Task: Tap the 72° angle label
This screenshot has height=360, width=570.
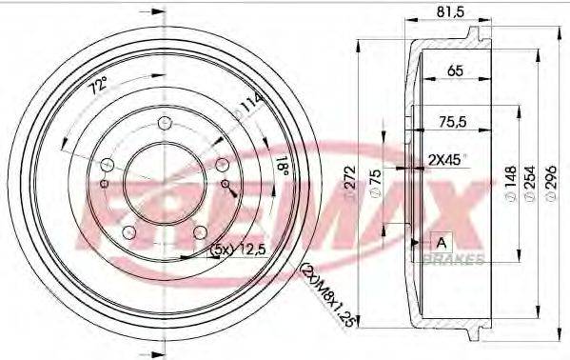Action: point(96,88)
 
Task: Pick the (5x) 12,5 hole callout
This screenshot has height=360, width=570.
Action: point(236,250)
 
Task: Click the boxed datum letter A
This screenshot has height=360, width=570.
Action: point(441,240)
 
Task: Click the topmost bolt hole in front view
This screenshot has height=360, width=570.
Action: point(164,122)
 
